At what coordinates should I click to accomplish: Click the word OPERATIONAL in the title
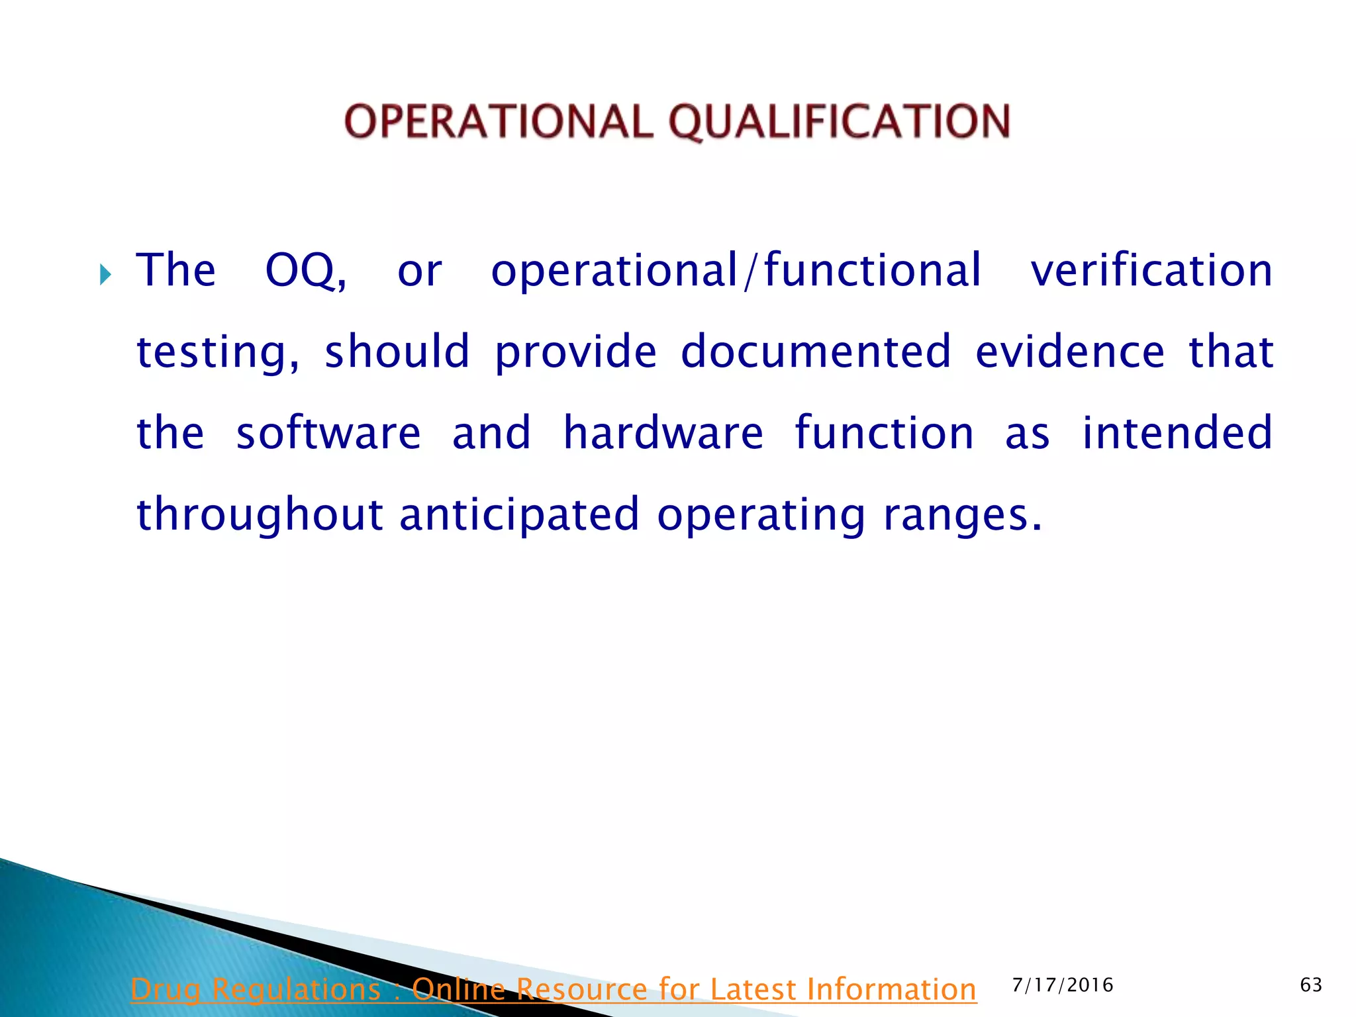tap(499, 122)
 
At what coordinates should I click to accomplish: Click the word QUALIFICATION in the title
tap(839, 122)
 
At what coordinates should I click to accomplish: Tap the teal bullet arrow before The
tap(105, 273)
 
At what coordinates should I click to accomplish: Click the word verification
tap(1151, 271)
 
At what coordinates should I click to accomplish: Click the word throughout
tap(260, 514)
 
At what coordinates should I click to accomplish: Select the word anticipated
tap(520, 514)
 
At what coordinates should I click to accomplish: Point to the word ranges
tap(956, 514)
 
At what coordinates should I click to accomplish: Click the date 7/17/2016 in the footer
tap(1063, 985)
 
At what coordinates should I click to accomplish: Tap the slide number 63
tap(1311, 985)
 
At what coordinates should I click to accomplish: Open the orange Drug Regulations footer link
tap(553, 990)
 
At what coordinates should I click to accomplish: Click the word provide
tap(575, 352)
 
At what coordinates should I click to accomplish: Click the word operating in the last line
tap(761, 516)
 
